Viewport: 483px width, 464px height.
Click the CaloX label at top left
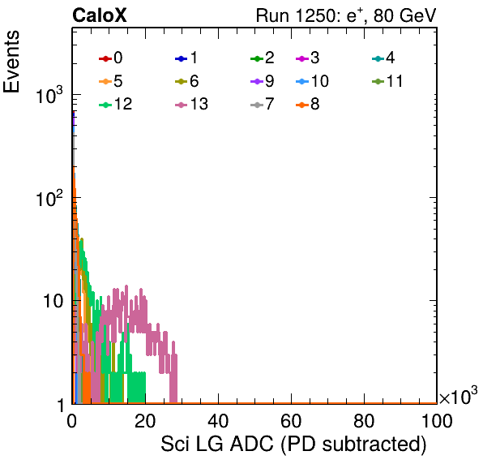[x=99, y=15]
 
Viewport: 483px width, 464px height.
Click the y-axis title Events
[x=11, y=62]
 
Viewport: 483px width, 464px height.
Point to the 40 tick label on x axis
[x=218, y=420]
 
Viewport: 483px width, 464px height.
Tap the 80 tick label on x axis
[x=364, y=420]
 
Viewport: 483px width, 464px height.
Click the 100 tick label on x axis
[x=437, y=420]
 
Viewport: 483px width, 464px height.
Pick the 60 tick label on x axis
[x=291, y=420]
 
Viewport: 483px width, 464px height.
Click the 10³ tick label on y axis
[x=49, y=95]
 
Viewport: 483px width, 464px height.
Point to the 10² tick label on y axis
[x=49, y=198]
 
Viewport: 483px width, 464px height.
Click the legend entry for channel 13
[x=191, y=104]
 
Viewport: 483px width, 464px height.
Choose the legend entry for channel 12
[x=116, y=104]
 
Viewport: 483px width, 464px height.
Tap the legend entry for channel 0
[x=110, y=58]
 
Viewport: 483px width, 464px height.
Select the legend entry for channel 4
[x=383, y=58]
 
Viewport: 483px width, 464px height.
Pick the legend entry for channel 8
[x=307, y=104]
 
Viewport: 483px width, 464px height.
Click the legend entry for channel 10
[x=312, y=81]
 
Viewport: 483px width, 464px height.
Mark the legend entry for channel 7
[x=262, y=104]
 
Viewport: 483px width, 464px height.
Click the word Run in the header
[x=272, y=15]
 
